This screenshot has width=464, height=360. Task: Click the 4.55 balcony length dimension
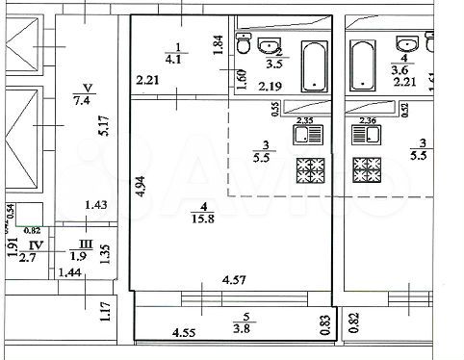pos(184,334)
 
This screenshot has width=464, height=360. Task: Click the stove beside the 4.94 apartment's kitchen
pos(310,169)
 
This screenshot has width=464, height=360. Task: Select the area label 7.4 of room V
pos(81,98)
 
